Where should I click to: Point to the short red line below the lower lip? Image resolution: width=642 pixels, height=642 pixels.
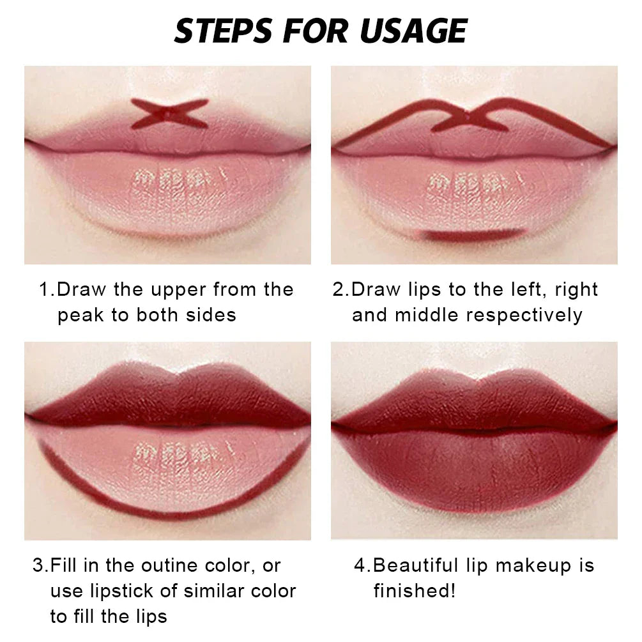475,235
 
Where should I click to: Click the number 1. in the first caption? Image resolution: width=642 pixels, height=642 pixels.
48,289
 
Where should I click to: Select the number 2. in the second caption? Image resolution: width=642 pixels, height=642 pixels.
341,289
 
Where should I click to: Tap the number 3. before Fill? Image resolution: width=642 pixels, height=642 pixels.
41,565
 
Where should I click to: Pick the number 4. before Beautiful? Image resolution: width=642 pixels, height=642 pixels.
363,565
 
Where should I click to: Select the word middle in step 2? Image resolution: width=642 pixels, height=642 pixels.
424,315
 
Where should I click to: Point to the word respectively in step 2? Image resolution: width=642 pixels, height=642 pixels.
524,315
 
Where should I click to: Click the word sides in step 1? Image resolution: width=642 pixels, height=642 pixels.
211,315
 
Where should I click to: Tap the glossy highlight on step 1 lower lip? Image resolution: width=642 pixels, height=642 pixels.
172,185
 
